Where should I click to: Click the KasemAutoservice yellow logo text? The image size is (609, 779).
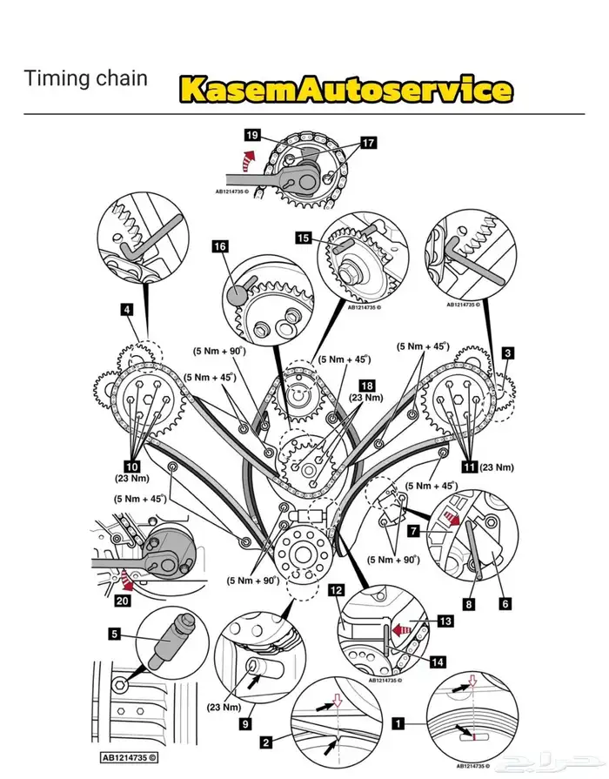tap(345, 90)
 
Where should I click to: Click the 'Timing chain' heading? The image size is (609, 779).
tap(85, 78)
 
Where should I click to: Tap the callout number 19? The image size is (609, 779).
tap(252, 136)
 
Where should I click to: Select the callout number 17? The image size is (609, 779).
tap(369, 143)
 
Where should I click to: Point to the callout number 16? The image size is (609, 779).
tap(220, 247)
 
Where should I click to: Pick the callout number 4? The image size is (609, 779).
tap(127, 308)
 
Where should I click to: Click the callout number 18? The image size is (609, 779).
tap(367, 385)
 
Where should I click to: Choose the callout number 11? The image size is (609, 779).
tap(470, 467)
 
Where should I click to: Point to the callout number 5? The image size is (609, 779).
tap(114, 635)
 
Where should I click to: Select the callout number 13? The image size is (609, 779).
tap(445, 621)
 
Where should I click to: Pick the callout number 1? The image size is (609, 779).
tap(398, 722)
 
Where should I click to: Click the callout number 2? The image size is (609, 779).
tap(266, 743)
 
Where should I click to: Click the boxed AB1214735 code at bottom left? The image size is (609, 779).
tap(128, 757)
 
